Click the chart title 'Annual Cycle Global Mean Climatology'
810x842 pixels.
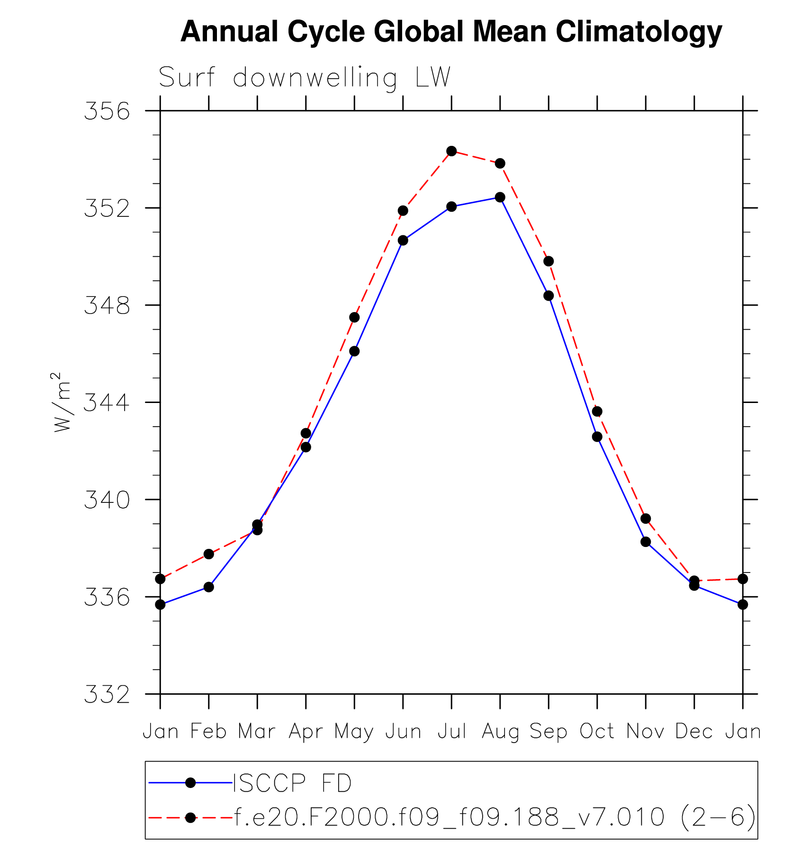[451, 32]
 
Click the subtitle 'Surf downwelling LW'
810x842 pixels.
[304, 77]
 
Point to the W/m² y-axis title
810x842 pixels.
[62, 402]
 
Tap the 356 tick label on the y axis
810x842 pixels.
[107, 111]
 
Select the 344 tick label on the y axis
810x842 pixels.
[107, 403]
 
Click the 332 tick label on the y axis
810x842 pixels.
[107, 695]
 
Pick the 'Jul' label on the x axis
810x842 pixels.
[451, 732]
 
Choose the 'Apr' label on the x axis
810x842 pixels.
[306, 732]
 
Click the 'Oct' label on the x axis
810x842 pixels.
[597, 732]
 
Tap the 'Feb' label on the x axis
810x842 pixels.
[208, 732]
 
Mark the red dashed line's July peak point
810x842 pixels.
[451, 151]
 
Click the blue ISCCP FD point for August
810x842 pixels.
[500, 197]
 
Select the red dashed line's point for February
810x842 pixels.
[208, 554]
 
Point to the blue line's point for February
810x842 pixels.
[208, 587]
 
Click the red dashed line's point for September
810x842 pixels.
[549, 261]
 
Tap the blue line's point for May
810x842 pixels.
[354, 351]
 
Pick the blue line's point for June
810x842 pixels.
[403, 241]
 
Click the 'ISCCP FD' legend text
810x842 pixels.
[292, 783]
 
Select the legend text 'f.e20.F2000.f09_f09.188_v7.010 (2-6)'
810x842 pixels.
[495, 817]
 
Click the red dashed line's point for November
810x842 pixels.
[646, 519]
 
